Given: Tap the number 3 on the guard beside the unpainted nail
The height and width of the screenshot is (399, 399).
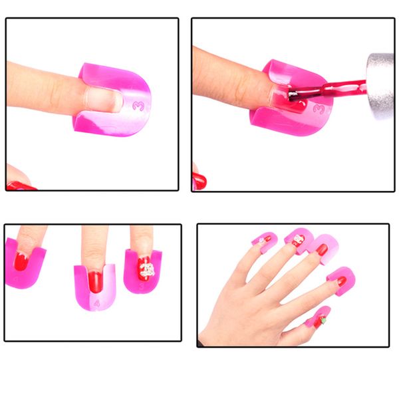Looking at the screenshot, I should (x=138, y=105).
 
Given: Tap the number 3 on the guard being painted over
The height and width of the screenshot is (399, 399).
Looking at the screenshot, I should (x=319, y=106).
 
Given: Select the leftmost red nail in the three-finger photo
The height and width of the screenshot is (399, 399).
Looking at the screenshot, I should (x=21, y=261).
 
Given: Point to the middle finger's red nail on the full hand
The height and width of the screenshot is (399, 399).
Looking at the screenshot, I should (x=322, y=249).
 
